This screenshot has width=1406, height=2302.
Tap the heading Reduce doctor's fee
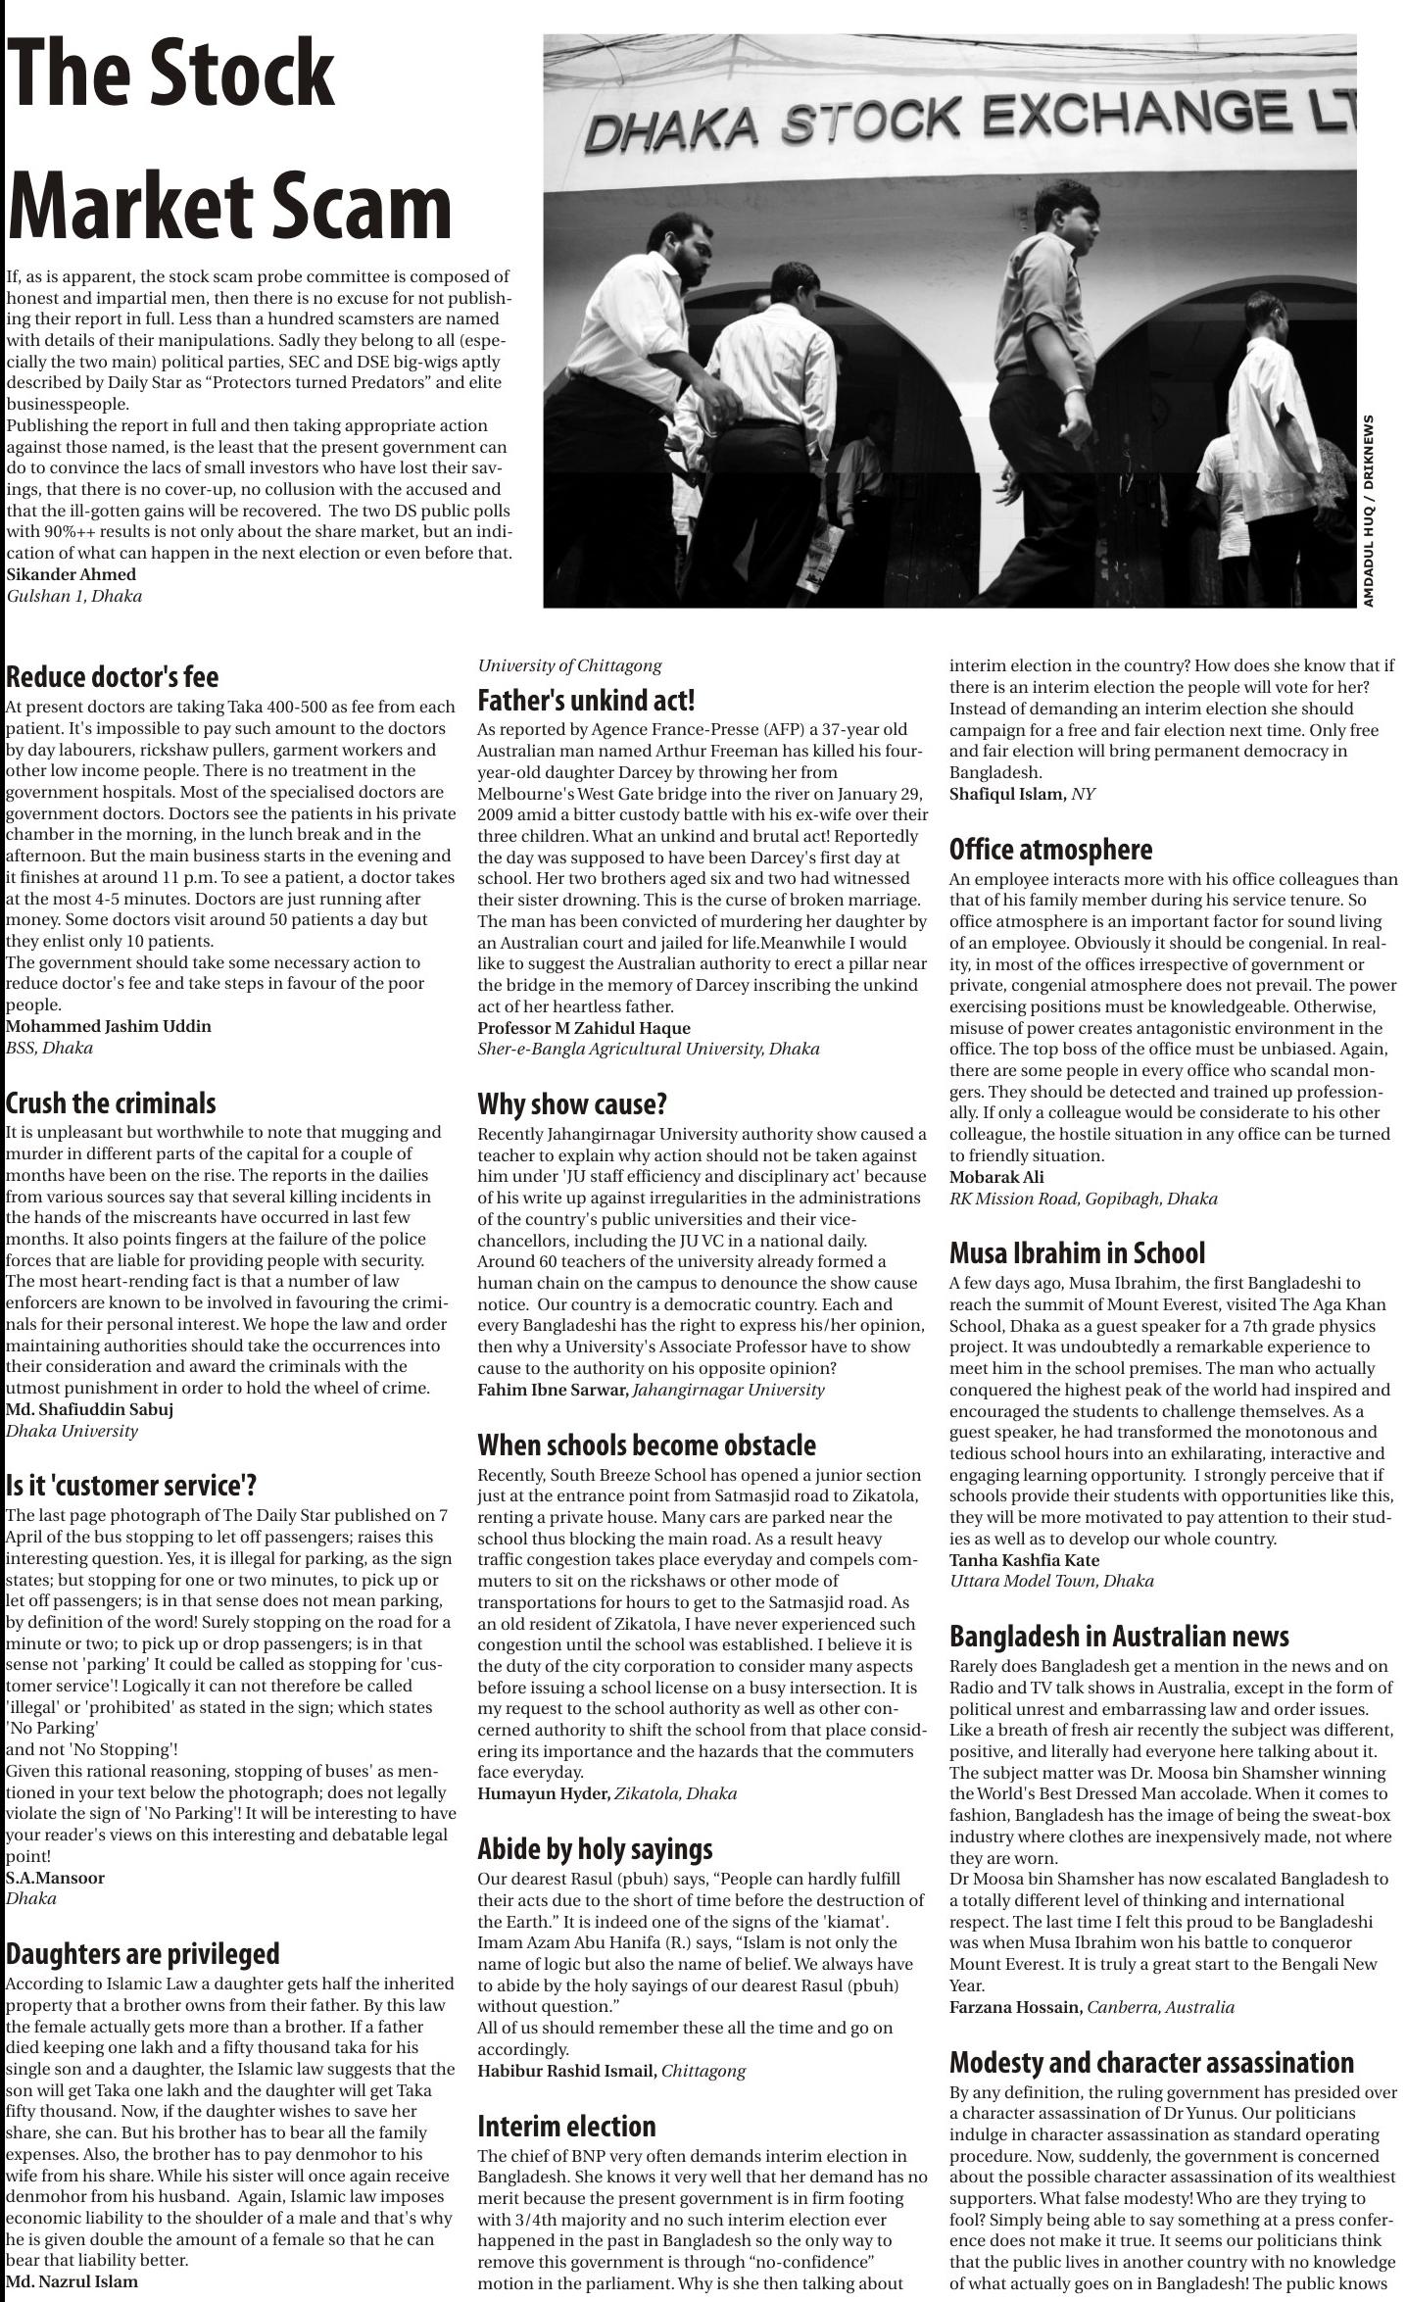(x=112, y=677)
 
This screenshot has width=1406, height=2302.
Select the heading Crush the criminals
(x=111, y=1102)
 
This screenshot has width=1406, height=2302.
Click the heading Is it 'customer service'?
(x=131, y=1485)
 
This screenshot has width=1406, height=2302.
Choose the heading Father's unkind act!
(x=586, y=701)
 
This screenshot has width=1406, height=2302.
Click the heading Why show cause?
(x=572, y=1104)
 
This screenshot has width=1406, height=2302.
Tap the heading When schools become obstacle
(x=647, y=1445)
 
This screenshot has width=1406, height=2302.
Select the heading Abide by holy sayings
(x=595, y=1849)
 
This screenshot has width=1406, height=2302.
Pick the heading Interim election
(x=566, y=2127)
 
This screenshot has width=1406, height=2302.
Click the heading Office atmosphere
(x=1050, y=849)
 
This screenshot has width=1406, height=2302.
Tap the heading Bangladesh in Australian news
(x=1119, y=1636)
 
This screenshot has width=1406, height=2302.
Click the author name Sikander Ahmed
(x=71, y=574)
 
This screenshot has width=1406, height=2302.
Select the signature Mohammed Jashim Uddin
(x=109, y=1026)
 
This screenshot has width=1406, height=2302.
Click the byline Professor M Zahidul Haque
(x=584, y=1028)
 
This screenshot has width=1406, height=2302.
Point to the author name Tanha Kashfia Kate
(x=1024, y=1560)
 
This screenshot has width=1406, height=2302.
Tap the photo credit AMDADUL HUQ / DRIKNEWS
(x=1368, y=510)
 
